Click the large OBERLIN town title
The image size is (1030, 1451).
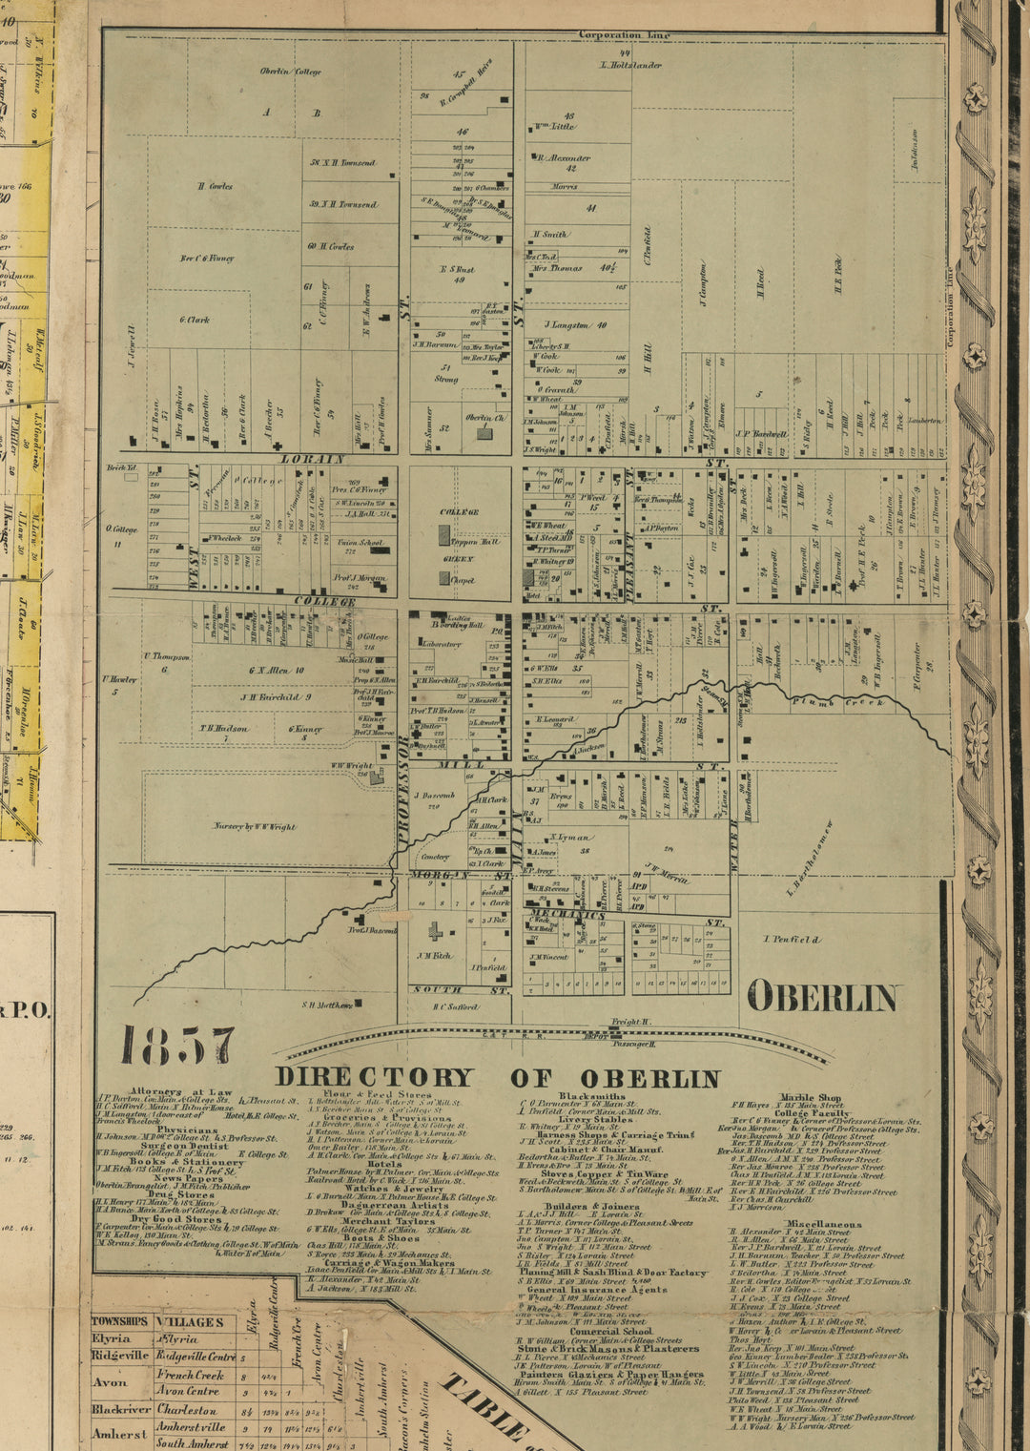(822, 998)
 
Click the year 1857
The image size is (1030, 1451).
(177, 1047)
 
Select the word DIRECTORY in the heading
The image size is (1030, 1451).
(374, 1078)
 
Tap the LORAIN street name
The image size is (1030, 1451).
(312, 459)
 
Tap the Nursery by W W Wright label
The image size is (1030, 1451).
(255, 826)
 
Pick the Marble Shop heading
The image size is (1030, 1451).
(810, 1098)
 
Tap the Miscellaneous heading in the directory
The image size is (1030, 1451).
(823, 1224)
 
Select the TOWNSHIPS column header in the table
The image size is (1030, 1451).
(119, 1322)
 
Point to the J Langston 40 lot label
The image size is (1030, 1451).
(575, 325)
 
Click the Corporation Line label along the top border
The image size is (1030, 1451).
(624, 35)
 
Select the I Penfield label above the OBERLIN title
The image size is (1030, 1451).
(792, 940)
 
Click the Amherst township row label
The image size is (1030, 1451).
(119, 1434)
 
